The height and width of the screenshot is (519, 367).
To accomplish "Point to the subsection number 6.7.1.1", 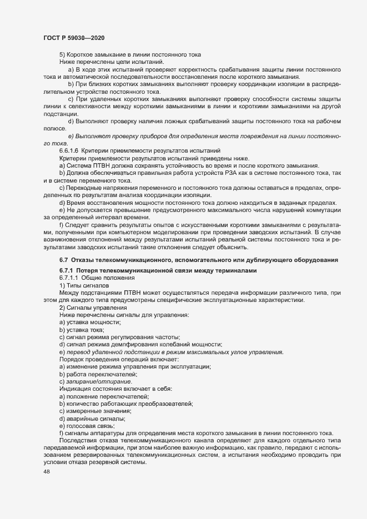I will tap(69, 278).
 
